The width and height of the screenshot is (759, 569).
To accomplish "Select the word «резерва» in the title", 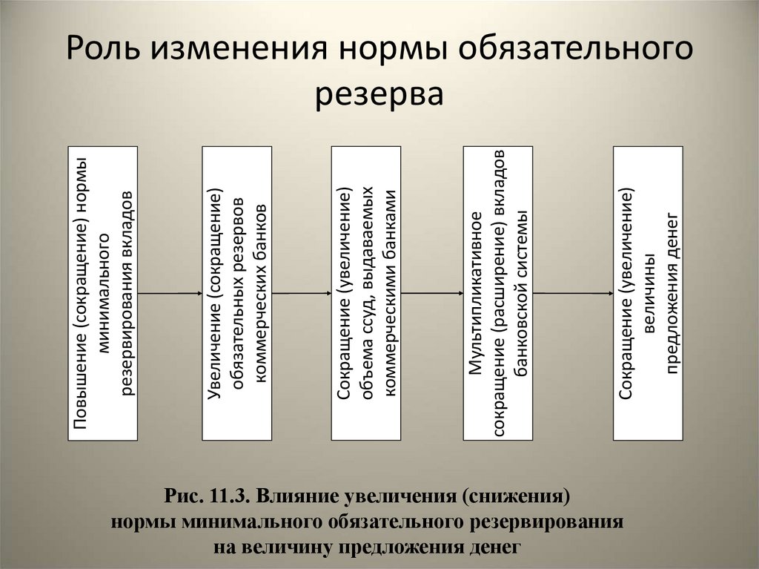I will (379, 95).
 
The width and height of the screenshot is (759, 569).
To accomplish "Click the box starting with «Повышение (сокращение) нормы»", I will (102, 294).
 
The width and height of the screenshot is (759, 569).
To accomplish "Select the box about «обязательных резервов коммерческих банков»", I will (237, 294).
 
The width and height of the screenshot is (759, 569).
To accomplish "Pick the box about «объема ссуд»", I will (365, 294).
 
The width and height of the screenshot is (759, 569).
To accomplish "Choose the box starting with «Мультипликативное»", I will (497, 294).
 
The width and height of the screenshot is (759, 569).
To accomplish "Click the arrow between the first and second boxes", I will (170, 294).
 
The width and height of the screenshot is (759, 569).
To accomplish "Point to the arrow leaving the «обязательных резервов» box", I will (301, 294).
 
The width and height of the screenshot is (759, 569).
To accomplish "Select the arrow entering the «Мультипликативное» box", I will (431, 294).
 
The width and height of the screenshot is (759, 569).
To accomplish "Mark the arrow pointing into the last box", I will (572, 294).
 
